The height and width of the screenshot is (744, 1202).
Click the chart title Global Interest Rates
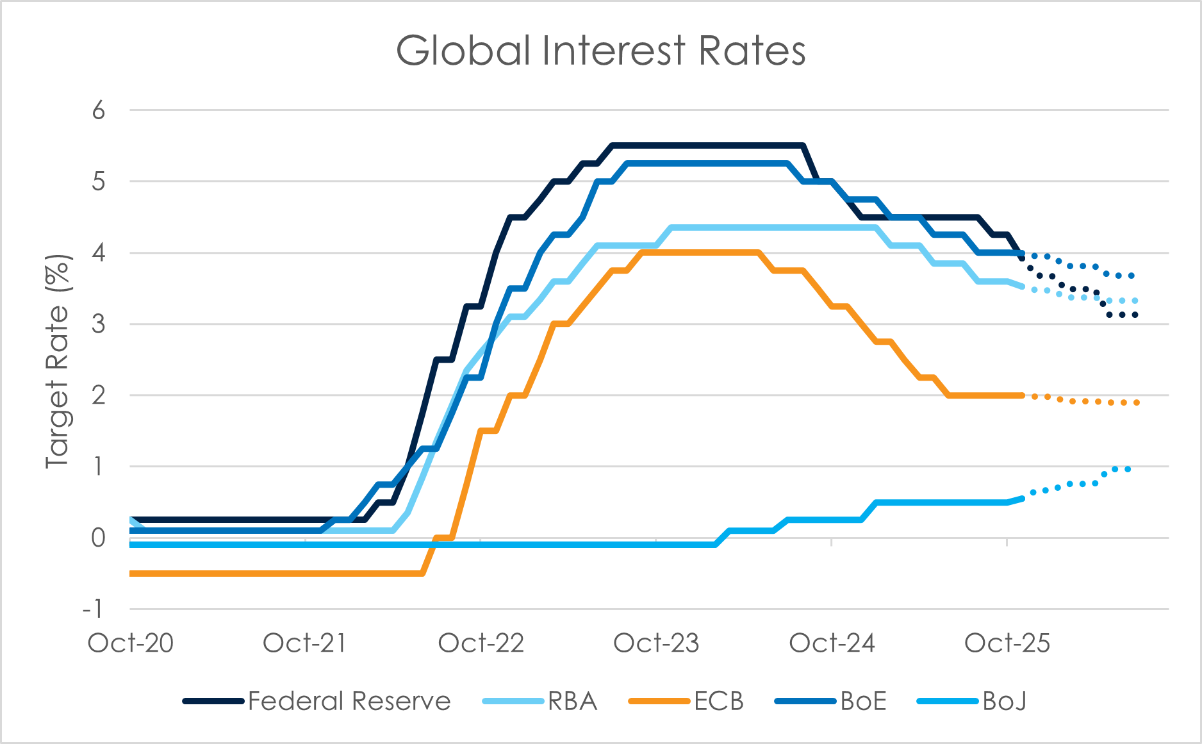click(600, 51)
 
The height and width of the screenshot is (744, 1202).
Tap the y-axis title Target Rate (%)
click(58, 362)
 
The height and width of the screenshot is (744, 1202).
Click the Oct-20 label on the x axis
click(131, 643)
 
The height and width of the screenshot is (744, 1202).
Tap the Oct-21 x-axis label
click(305, 643)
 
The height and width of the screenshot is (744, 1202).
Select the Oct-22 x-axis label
click(481, 643)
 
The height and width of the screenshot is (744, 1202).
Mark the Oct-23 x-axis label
click(656, 643)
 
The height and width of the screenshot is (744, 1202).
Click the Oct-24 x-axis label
click(832, 643)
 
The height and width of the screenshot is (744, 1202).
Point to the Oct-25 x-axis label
click(1007, 643)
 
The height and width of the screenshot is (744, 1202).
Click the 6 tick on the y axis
click(98, 111)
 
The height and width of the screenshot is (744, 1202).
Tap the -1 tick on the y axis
click(94, 609)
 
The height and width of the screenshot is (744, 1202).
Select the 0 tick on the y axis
click(98, 538)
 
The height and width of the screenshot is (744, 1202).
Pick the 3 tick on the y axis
click(98, 324)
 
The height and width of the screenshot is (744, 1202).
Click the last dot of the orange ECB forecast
click(1137, 402)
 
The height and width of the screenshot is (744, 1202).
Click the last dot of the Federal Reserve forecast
click(1135, 315)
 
